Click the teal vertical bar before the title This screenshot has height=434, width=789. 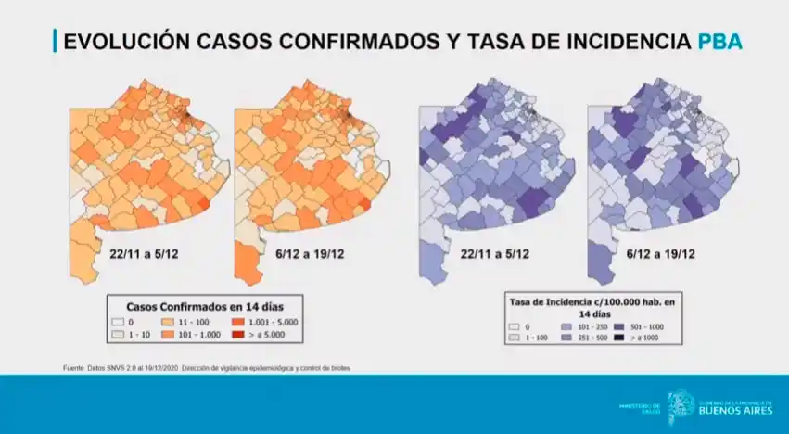tap(55, 42)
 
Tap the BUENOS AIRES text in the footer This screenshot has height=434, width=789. tap(727, 409)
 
